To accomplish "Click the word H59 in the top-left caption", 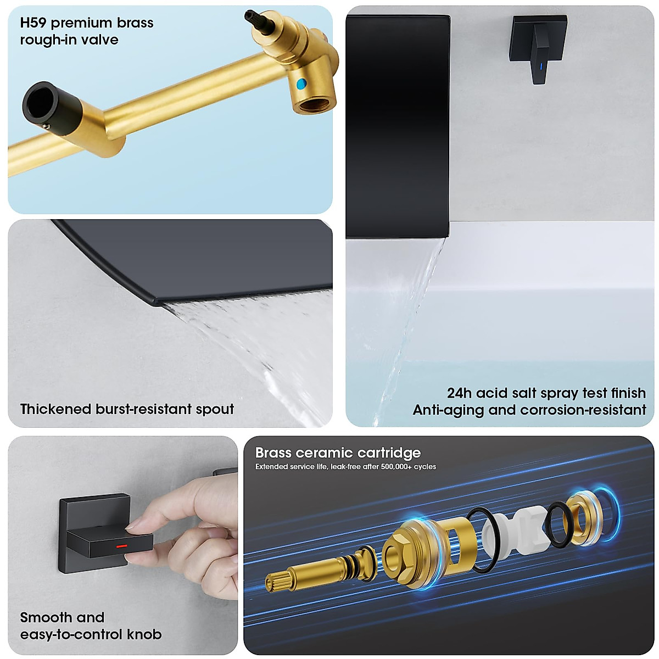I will tap(33, 23).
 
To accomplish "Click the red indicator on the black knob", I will tap(122, 546).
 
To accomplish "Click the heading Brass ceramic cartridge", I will tap(338, 453).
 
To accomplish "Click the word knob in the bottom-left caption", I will tap(144, 634).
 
